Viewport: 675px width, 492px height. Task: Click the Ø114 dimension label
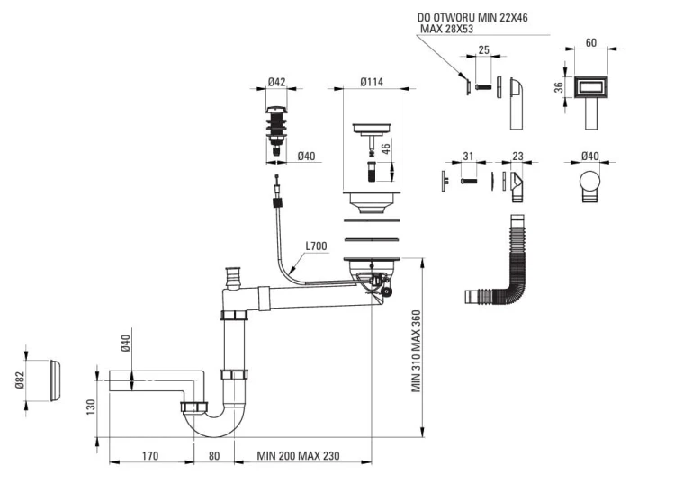click(372, 82)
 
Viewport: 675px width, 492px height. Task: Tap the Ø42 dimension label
click(276, 82)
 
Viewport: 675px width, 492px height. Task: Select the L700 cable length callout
click(317, 246)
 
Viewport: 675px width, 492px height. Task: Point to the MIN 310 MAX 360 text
click(417, 352)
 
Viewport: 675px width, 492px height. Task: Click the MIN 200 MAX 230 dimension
click(298, 456)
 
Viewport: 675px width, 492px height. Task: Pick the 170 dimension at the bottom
click(150, 456)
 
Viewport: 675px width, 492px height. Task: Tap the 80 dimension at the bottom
click(214, 456)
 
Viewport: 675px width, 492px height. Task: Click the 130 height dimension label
click(90, 407)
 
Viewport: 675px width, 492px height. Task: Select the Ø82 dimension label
click(20, 380)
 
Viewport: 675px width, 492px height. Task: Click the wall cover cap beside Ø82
click(55, 380)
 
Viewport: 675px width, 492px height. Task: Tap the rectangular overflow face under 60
click(590, 87)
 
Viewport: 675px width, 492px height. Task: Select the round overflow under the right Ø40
click(589, 182)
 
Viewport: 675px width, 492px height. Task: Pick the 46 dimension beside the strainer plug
click(386, 148)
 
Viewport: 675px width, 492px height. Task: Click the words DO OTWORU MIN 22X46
click(472, 18)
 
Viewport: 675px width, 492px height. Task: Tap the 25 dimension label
click(483, 49)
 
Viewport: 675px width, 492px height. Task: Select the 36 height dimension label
click(558, 87)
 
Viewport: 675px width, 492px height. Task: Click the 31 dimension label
click(468, 157)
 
